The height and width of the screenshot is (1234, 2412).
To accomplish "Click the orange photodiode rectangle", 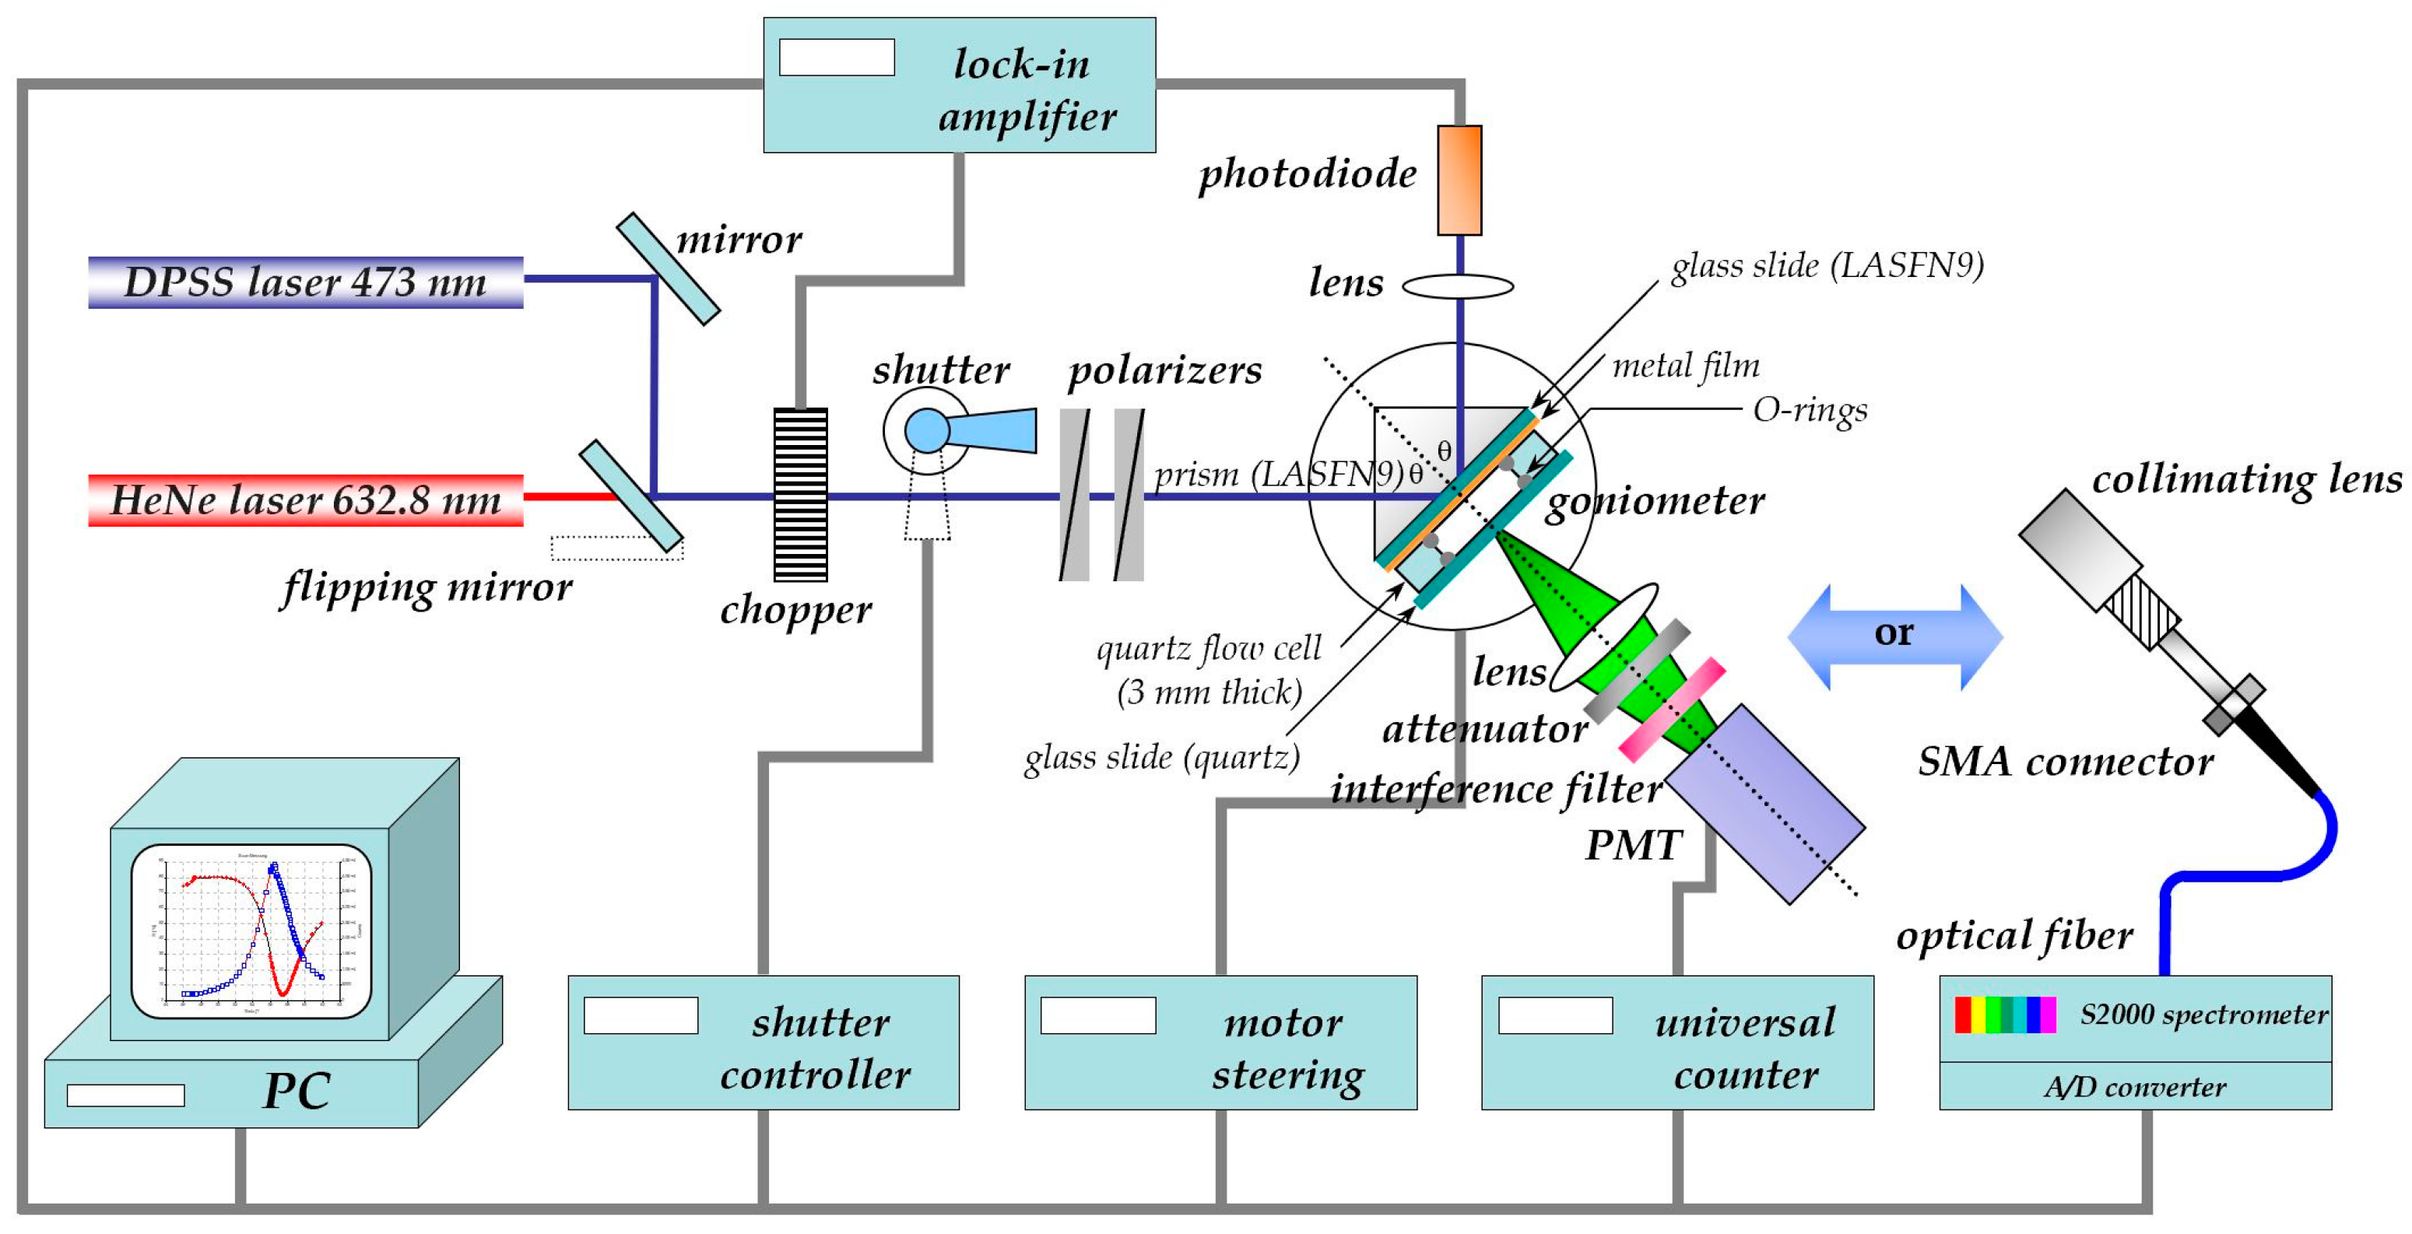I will coord(1459,180).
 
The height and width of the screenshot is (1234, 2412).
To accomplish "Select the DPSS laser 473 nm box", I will coord(305,282).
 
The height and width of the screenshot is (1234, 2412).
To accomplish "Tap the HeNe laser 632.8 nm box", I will coord(305,500).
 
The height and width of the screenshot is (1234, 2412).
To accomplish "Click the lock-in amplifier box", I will coord(959,86).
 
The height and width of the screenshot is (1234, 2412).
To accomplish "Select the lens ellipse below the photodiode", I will coord(1457,286).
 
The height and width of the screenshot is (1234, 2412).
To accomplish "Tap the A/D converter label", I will coord(2134,1086).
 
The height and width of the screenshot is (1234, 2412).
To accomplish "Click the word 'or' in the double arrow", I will coord(1894,633).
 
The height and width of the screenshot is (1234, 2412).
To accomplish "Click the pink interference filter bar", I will coord(1673,708).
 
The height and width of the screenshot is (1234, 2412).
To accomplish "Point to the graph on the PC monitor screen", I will coord(251,930).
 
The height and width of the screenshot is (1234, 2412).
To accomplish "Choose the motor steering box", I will coord(1220,1042).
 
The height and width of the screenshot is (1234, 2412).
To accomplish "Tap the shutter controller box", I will coord(763,1042).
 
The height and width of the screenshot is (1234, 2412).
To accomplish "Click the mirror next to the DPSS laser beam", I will coord(668,268).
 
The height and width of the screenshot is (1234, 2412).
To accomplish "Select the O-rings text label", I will coord(1809,410).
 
